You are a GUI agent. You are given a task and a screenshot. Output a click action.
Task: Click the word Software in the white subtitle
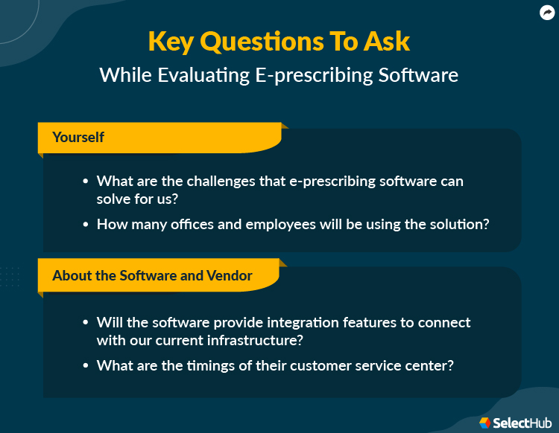(417, 75)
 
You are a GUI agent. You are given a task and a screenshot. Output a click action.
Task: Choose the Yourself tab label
(78, 137)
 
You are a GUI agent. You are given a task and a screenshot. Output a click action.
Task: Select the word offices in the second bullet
(190, 223)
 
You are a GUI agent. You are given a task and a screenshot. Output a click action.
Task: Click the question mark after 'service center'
(452, 365)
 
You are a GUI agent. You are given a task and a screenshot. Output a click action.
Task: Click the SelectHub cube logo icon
(485, 422)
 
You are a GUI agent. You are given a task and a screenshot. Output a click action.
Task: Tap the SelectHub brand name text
(521, 422)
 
